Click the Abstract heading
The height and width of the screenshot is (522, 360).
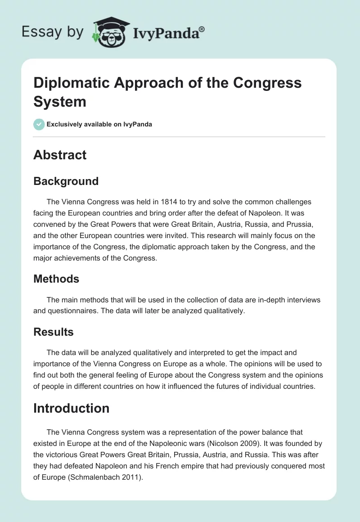coord(60,155)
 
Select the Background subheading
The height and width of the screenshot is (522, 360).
coord(66,181)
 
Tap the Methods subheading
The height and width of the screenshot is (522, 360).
coord(56,279)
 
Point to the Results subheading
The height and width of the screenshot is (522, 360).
coord(54,332)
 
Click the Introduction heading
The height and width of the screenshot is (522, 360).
coord(71,408)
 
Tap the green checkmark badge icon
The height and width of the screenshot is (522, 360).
coord(39,124)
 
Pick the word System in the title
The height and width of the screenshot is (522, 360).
coord(60,101)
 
